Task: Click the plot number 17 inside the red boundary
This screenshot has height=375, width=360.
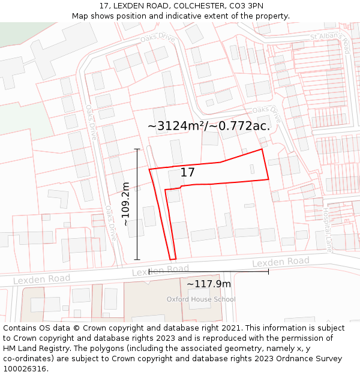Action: tap(188, 173)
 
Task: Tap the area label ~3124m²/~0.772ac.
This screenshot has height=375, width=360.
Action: tap(209, 126)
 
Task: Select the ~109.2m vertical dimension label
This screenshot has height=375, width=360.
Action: tap(125, 204)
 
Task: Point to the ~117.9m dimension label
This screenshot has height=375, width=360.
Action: tap(208, 284)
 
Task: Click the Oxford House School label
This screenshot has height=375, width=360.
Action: tap(201, 299)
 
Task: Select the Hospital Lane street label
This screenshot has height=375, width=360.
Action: tap(328, 222)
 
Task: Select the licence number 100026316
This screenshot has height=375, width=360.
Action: tap(26, 369)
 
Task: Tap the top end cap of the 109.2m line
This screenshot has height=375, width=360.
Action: tap(137, 149)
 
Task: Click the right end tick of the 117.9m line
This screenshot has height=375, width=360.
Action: tap(268, 271)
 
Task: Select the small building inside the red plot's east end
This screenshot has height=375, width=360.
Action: tap(252, 170)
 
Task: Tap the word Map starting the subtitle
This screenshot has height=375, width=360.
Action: tap(80, 16)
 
